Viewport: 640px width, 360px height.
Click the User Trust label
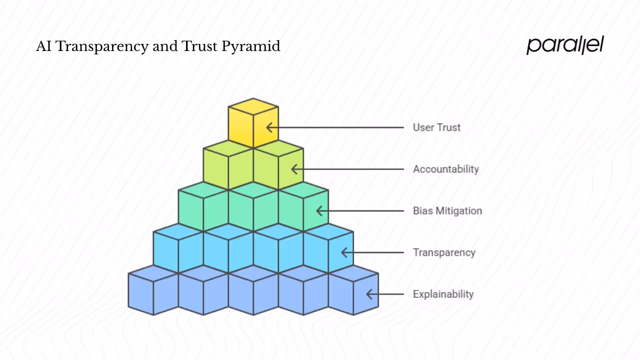[436, 127]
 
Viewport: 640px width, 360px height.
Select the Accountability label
[445, 169]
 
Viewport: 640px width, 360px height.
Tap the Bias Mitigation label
[447, 210]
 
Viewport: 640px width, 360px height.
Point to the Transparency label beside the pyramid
[443, 252]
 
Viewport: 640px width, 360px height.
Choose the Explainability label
[443, 294]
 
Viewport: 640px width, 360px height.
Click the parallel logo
[565, 45]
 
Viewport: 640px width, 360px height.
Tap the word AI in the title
[44, 46]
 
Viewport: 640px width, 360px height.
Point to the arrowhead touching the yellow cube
[269, 127]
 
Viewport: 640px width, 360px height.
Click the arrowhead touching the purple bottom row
[369, 294]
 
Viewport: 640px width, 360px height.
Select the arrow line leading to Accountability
[350, 169]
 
